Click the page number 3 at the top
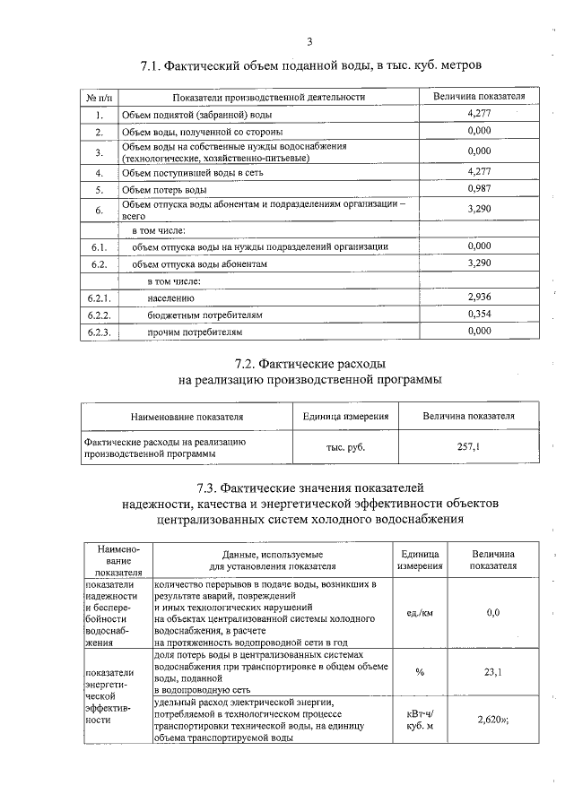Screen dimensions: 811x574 click(309, 41)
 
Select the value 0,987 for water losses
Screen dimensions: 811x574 click(480, 188)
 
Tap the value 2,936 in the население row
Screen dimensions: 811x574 click(480, 297)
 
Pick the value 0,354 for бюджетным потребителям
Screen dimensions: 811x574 click(480, 314)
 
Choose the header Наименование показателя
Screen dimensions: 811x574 click(187, 417)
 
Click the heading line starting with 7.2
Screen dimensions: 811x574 click(309, 365)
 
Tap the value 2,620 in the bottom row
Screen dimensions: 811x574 click(491, 719)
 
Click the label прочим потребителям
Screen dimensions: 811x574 click(196, 332)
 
